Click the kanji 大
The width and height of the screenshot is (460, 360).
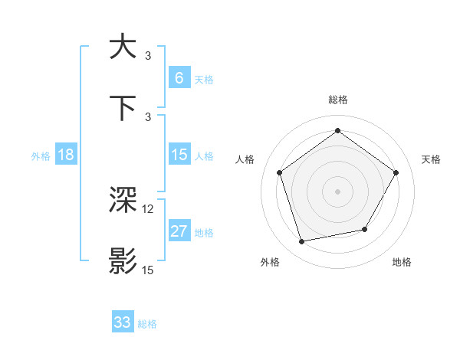point(123,47)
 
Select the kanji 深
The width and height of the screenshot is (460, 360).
point(123,201)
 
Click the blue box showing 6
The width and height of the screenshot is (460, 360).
point(179,78)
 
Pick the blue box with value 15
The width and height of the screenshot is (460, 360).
point(179,155)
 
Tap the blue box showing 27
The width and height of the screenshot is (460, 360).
point(179,231)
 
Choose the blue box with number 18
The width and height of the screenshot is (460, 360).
point(65,155)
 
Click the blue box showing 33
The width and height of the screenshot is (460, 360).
point(123,322)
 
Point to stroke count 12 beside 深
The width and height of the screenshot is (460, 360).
point(148,209)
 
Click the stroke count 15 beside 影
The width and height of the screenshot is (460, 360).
point(148,270)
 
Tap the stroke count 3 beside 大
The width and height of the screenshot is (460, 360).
point(148,56)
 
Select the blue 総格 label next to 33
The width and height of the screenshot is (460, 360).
point(147,324)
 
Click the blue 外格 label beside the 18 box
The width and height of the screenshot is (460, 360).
point(40,155)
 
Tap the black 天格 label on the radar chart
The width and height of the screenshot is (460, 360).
point(431,159)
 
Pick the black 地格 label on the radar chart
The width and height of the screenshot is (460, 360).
point(402,262)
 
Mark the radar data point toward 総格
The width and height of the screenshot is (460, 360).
point(337,131)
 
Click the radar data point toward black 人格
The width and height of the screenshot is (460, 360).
point(280,172)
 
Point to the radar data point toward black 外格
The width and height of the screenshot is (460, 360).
point(302,241)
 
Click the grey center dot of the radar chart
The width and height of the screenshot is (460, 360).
point(337,191)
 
